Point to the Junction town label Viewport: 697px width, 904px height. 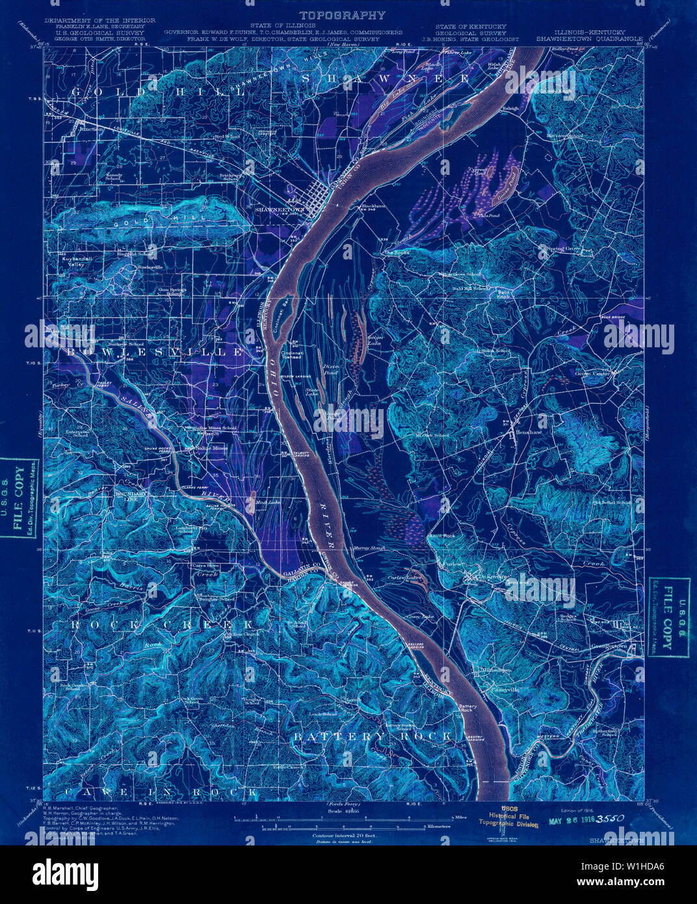[90, 129]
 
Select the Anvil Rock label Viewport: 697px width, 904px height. [441, 536]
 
